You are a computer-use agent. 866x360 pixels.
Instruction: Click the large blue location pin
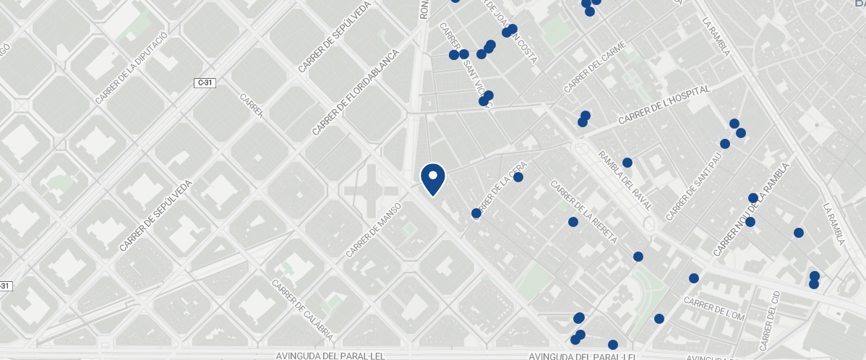point(433,179)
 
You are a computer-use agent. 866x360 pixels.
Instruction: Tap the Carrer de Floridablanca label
point(356,93)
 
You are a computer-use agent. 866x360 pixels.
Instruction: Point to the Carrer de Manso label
point(373,230)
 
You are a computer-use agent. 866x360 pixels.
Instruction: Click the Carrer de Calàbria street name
point(302,310)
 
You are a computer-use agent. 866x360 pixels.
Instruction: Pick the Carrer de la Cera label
point(498,189)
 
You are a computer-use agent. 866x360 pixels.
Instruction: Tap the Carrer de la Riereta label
point(583,212)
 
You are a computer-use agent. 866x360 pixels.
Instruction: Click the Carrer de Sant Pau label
point(693,191)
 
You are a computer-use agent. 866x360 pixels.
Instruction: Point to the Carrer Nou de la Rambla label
point(752,210)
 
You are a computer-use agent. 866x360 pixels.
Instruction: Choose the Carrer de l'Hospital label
point(664,105)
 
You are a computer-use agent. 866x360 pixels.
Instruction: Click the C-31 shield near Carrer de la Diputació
point(205,83)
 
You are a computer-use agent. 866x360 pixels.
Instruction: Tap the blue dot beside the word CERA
point(518,177)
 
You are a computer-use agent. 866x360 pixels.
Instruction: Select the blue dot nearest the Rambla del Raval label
point(627,163)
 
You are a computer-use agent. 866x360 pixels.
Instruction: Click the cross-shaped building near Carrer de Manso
point(371,191)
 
